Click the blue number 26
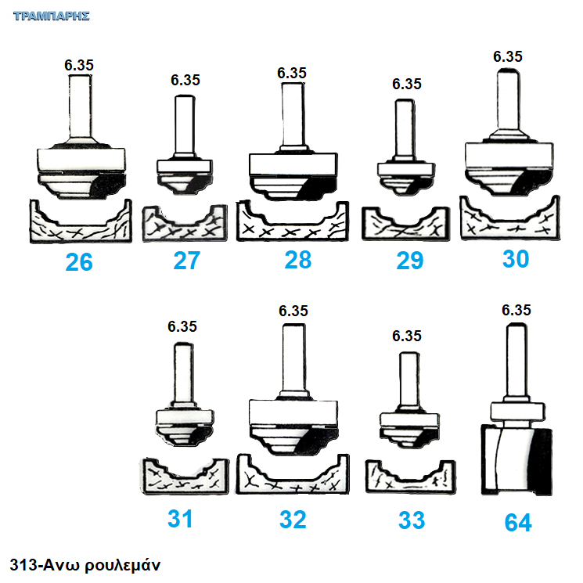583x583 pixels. (x=79, y=262)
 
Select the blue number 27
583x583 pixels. (x=187, y=261)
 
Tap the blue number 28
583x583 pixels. (x=298, y=260)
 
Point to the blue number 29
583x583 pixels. (x=410, y=261)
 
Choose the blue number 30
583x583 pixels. (x=516, y=258)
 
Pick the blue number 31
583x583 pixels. (x=180, y=518)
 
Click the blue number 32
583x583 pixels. (x=293, y=520)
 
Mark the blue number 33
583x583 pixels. (x=412, y=520)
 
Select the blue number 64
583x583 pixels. (x=518, y=523)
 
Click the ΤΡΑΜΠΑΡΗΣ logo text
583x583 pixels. (x=52, y=16)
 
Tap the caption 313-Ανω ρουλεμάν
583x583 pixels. (x=85, y=565)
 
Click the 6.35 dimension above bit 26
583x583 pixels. (x=79, y=65)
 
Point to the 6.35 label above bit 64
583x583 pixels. (x=516, y=310)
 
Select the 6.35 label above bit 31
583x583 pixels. (x=182, y=326)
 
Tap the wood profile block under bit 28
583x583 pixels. (x=293, y=221)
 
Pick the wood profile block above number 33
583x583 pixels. (x=411, y=477)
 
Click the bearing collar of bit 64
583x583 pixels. (x=517, y=411)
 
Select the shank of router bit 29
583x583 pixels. (x=405, y=128)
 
